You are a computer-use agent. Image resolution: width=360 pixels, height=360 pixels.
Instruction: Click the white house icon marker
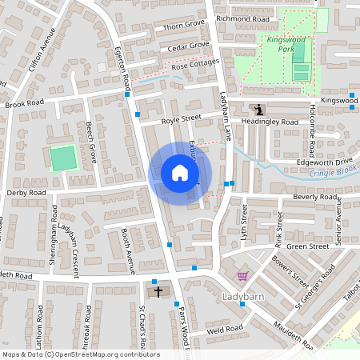point(180,173)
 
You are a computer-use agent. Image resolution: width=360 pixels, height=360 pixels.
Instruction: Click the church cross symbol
point(158,291)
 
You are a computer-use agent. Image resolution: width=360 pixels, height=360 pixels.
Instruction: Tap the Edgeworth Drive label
point(324,161)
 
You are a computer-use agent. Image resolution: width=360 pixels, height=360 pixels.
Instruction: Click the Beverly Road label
point(315,197)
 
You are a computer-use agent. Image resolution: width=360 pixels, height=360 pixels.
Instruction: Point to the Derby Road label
point(26,193)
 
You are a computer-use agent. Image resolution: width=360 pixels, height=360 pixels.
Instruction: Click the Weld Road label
point(224,328)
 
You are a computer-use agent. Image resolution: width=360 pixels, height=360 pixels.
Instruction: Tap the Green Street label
point(308,246)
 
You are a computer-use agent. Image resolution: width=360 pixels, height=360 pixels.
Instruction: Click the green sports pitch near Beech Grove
point(62,158)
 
